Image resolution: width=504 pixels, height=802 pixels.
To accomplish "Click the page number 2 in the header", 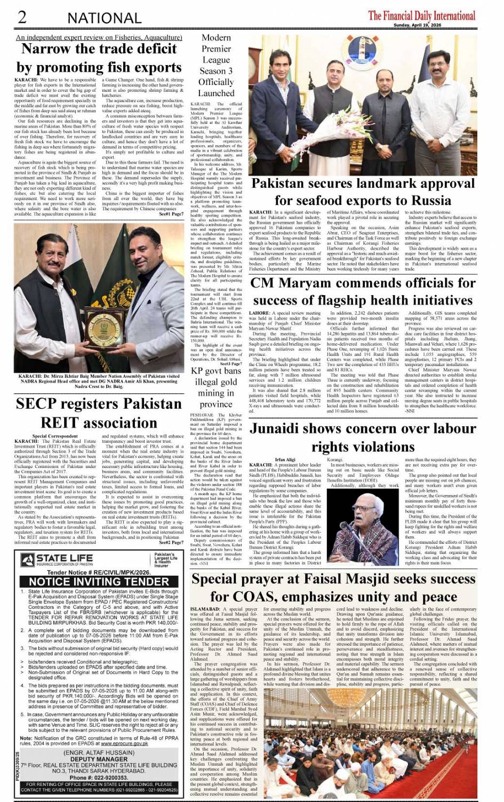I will click(x=22, y=17).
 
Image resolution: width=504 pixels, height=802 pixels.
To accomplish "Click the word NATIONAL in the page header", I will click(x=104, y=18).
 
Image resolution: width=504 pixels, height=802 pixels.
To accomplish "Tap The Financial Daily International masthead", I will click(x=421, y=15).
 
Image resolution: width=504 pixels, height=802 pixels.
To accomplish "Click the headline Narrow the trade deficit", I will click(x=99, y=49).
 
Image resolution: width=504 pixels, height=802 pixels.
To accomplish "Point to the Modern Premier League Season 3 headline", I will click(x=216, y=65).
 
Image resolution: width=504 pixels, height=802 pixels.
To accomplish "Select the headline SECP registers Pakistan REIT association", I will click(x=99, y=413).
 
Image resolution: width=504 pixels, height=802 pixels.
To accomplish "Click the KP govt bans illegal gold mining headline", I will click(x=216, y=387).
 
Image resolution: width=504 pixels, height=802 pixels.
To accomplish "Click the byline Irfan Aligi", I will click(x=285, y=459).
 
